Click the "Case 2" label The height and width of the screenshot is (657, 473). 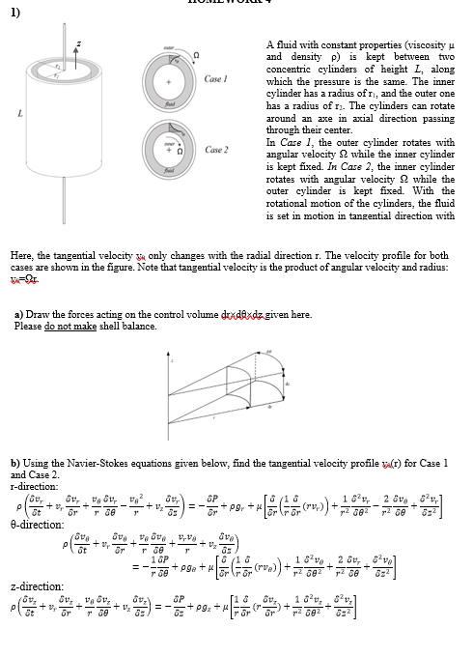pyautogui.click(x=217, y=150)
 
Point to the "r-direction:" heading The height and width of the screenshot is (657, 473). pyautogui.click(x=32, y=485)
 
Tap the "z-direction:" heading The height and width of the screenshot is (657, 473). pyautogui.click(x=32, y=586)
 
